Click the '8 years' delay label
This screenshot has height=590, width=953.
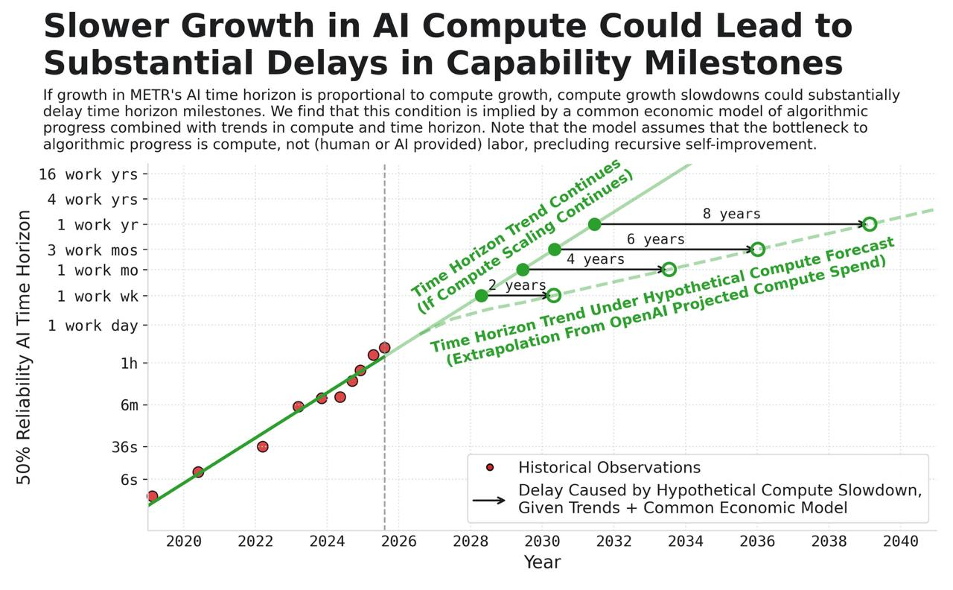click(x=731, y=215)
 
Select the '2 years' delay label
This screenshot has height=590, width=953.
click(x=517, y=285)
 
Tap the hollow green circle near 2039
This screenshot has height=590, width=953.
click(x=869, y=224)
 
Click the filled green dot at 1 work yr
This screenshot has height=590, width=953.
click(x=594, y=224)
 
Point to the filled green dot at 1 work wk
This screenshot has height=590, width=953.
click(x=481, y=296)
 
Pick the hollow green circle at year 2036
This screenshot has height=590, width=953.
click(x=757, y=250)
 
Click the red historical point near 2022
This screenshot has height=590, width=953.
click(x=262, y=446)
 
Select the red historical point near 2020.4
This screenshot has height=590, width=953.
click(x=198, y=472)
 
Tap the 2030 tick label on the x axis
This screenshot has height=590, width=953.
click(x=543, y=542)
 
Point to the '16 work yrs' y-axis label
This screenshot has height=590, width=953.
click(x=89, y=175)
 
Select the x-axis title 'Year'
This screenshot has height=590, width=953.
click(x=542, y=562)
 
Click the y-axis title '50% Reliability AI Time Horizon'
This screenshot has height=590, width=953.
click(x=25, y=347)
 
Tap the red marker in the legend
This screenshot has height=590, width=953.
click(x=489, y=468)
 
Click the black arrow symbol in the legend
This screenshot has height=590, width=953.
click(x=489, y=500)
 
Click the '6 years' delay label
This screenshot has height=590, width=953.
click(x=655, y=240)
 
